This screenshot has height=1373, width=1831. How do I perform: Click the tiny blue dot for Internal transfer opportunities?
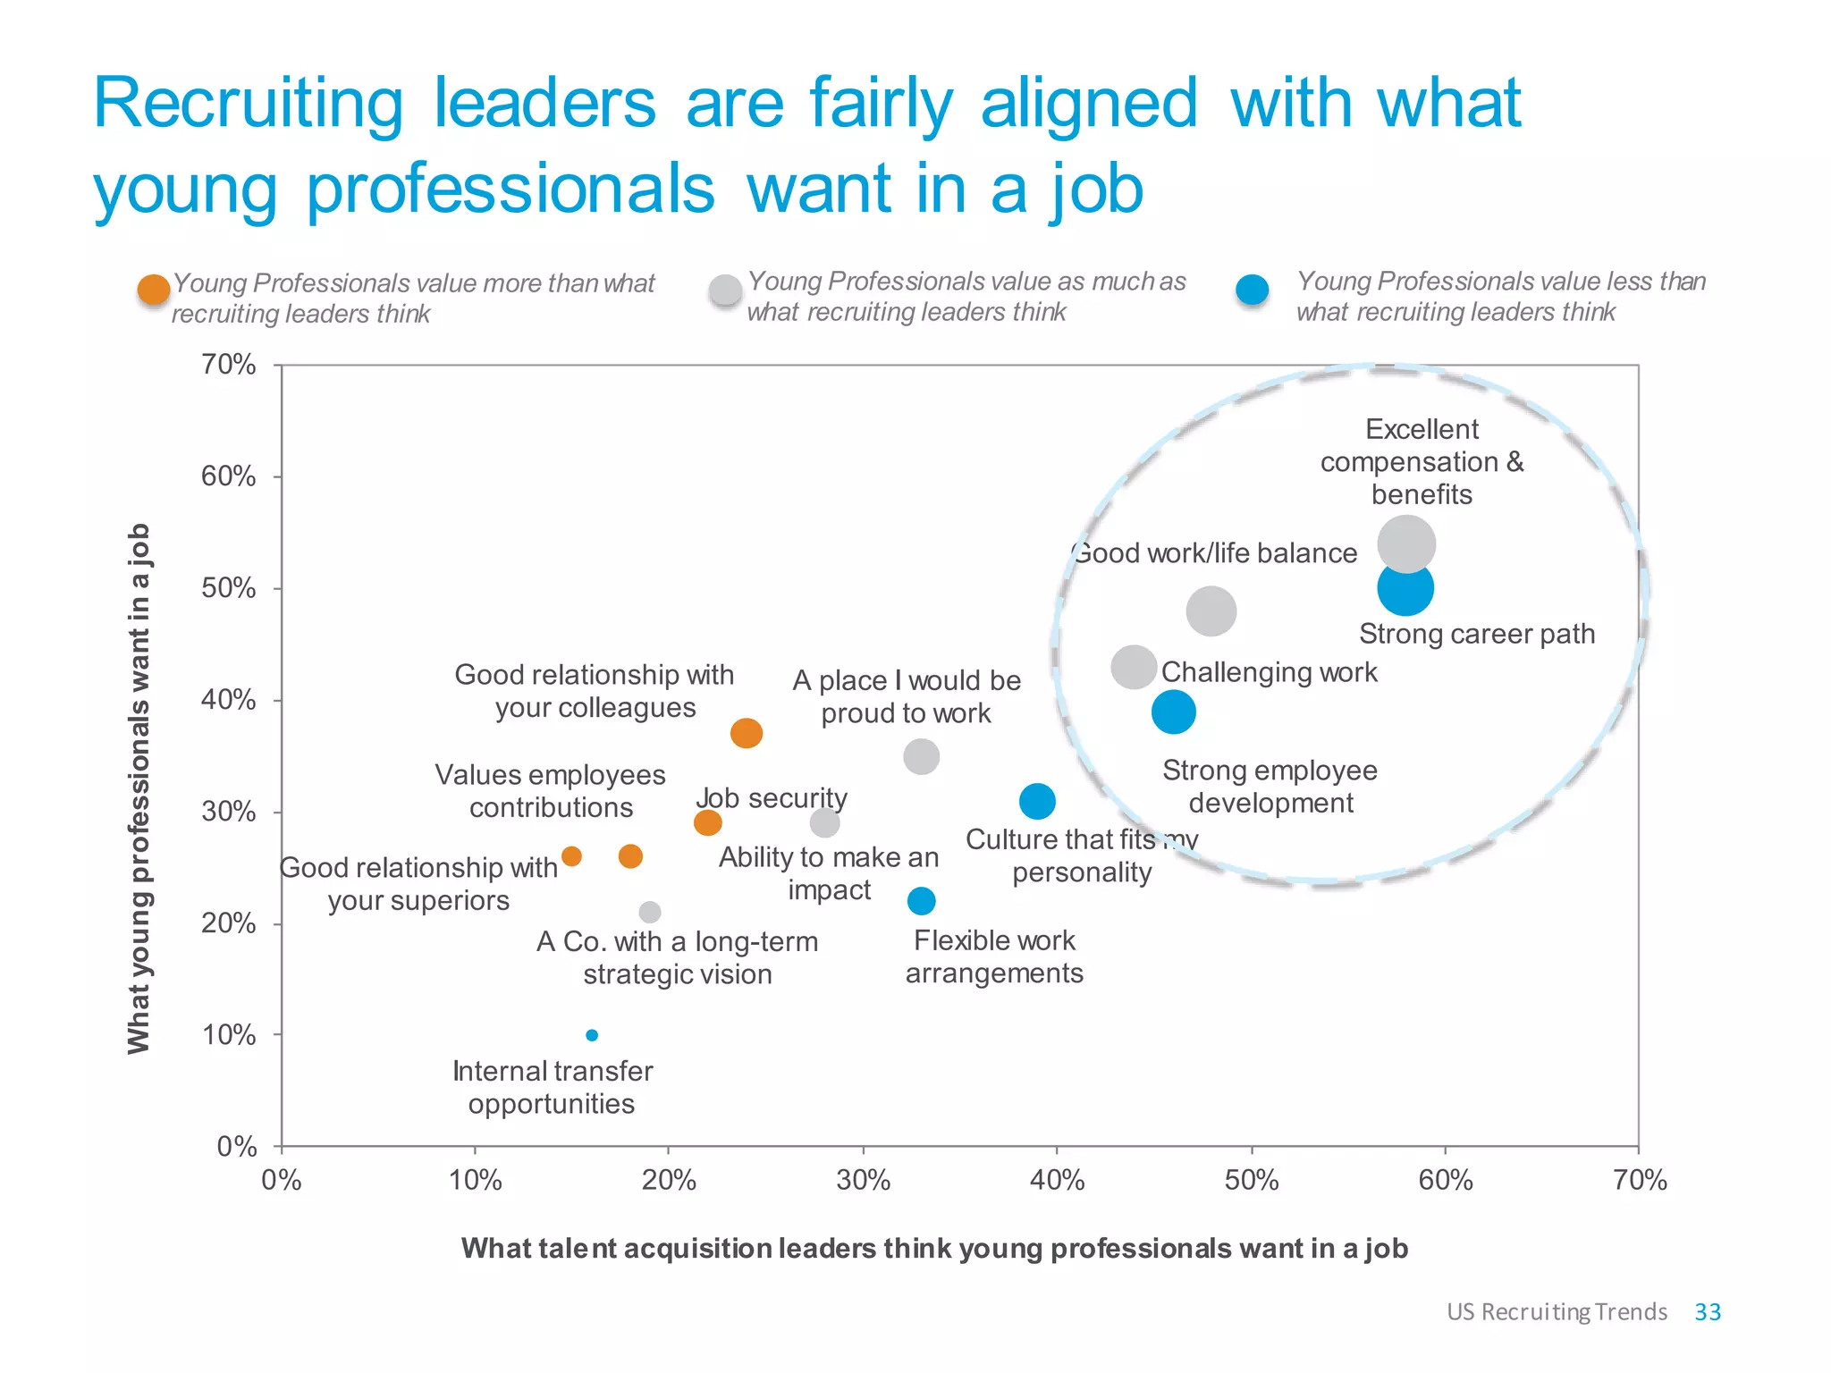pyautogui.click(x=592, y=1035)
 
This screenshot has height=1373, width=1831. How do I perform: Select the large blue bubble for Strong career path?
pyautogui.click(x=1405, y=589)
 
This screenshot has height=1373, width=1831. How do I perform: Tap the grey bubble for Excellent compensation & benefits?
pyautogui.click(x=1406, y=543)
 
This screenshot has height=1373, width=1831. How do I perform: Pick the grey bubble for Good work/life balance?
pyautogui.click(x=1211, y=611)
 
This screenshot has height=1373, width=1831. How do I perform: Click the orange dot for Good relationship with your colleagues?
pyautogui.click(x=747, y=733)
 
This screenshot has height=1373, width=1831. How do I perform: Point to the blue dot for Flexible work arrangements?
pyautogui.click(x=921, y=901)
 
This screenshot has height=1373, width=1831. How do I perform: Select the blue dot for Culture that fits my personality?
pyautogui.click(x=1037, y=801)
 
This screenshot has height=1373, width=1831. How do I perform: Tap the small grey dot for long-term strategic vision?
pyautogui.click(x=650, y=912)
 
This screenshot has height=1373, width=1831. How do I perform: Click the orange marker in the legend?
pyautogui.click(x=154, y=291)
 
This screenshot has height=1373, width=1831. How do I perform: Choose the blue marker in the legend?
pyautogui.click(x=1252, y=290)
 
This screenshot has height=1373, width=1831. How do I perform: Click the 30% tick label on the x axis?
pyautogui.click(x=863, y=1181)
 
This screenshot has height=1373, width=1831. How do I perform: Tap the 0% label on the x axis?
pyautogui.click(x=282, y=1181)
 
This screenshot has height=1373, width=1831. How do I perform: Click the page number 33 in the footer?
pyautogui.click(x=1708, y=1311)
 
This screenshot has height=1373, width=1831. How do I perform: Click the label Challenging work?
pyautogui.click(x=1269, y=672)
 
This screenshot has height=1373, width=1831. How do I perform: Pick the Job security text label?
pyautogui.click(x=772, y=797)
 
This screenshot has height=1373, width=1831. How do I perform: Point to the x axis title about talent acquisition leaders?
pyautogui.click(x=934, y=1248)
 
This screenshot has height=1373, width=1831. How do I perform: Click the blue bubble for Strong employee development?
pyautogui.click(x=1173, y=712)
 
